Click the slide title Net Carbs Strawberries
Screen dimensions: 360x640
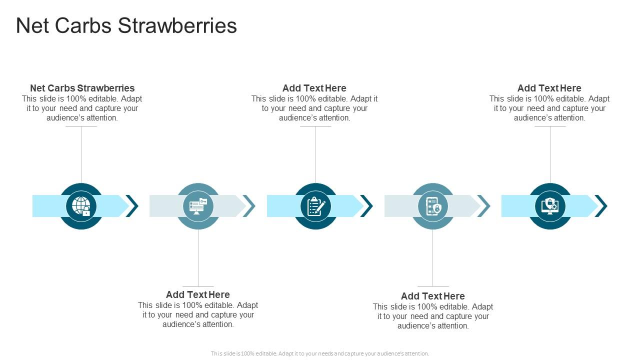point(126,26)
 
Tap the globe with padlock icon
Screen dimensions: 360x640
point(81,206)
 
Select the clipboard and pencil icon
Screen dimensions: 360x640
point(315,206)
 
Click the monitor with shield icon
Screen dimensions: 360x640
point(550,206)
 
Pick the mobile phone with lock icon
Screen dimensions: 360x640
point(433,206)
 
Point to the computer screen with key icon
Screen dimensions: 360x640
point(198,206)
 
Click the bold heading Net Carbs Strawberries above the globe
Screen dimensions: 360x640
point(82,88)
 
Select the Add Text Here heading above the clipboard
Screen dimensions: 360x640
point(314,88)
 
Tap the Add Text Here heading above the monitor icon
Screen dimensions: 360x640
point(549,88)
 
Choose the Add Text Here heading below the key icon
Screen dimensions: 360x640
point(198,294)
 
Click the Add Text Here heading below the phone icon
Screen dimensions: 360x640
point(433,296)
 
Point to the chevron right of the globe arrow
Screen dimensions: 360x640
point(132,206)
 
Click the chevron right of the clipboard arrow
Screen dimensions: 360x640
point(367,206)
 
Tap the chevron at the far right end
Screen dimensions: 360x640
point(601,206)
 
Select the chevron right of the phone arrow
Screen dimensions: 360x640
point(484,206)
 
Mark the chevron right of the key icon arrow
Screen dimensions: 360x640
point(249,206)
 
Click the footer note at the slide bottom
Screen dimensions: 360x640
point(320,353)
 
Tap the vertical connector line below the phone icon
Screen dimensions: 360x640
point(433,257)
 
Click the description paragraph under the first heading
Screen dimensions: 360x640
point(82,108)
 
